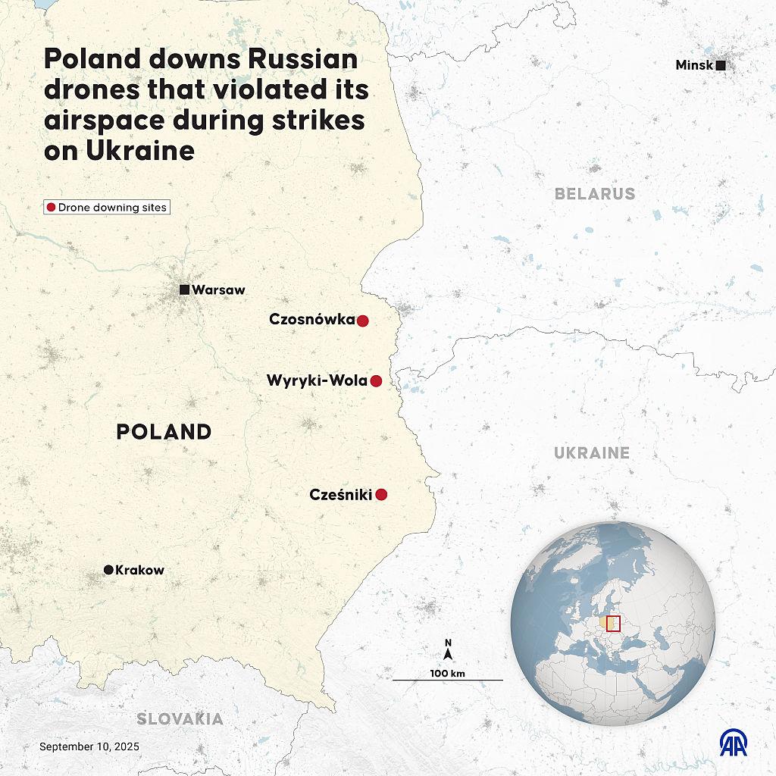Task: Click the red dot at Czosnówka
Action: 362,321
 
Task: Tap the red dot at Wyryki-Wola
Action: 376,381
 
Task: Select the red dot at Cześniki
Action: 382,495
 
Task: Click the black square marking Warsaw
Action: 184,289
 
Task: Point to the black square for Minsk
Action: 721,66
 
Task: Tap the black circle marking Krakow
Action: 108,570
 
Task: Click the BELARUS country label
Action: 595,194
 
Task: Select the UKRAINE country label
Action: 591,453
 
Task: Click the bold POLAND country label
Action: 164,432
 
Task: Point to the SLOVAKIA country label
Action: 180,719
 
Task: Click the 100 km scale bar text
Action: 447,673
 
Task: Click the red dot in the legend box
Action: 51,207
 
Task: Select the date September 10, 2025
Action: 89,746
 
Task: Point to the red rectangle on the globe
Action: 613,624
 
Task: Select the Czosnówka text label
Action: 311,320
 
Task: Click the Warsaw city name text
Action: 218,289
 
